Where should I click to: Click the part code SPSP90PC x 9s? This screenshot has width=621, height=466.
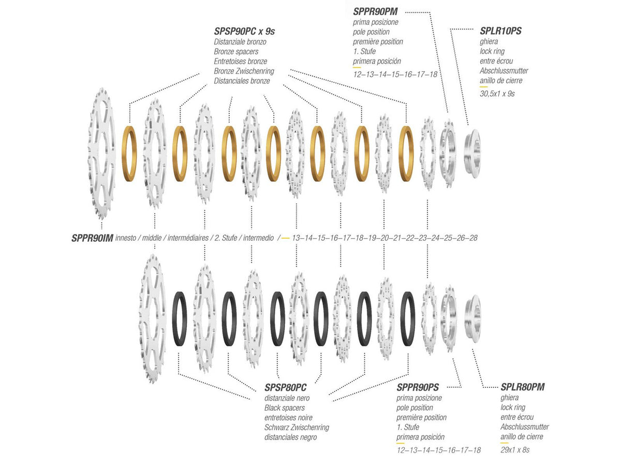coord(244,32)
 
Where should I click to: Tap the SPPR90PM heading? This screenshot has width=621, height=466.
coord(375,11)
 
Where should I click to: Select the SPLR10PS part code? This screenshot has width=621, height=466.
coord(500,31)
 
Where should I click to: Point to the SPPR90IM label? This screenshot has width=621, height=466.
coord(92,238)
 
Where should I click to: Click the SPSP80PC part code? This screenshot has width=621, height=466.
coord(286,387)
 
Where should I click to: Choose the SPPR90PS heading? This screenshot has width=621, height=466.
coord(418,387)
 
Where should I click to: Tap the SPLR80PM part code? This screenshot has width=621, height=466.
coord(522,387)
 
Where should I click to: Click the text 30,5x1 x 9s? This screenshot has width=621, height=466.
coord(497,94)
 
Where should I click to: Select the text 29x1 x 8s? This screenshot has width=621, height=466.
coord(514,449)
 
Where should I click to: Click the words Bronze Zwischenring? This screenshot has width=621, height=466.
coord(244,71)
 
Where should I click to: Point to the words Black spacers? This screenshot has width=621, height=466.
coord(284,407)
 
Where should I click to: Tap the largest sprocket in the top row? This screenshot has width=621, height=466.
coord(101,154)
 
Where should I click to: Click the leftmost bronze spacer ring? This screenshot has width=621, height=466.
coord(129,154)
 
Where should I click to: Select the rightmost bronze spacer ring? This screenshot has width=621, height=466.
coord(406,154)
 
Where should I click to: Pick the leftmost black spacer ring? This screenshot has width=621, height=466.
coord(180,319)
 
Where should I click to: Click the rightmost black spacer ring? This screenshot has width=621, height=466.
coord(408,319)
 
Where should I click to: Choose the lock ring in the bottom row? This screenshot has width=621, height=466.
coord(473,319)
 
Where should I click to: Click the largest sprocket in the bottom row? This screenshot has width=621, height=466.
coord(153,319)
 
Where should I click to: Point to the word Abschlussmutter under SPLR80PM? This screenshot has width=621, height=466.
coord(525,427)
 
